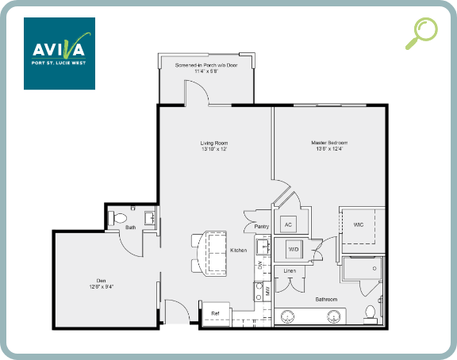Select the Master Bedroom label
[x=328, y=146]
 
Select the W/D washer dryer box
[x=294, y=249]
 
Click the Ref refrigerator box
[x=215, y=313]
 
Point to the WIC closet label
[x=359, y=224]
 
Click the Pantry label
[x=262, y=227]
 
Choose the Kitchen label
[x=238, y=251]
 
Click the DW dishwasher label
[x=260, y=265]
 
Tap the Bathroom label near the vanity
[x=326, y=299]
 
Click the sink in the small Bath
[x=150, y=217]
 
